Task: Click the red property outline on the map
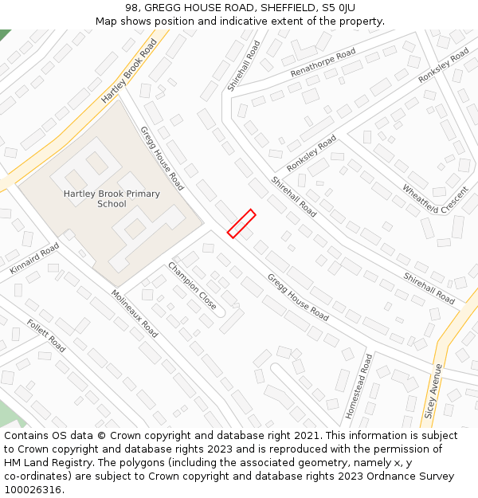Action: (241, 223)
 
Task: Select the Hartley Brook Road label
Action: (128, 72)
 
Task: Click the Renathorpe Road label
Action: (323, 63)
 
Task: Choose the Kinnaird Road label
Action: (34, 259)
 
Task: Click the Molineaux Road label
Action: (134, 312)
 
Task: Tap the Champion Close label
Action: (192, 285)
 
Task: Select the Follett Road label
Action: (45, 335)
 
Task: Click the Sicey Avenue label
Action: (433, 390)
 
